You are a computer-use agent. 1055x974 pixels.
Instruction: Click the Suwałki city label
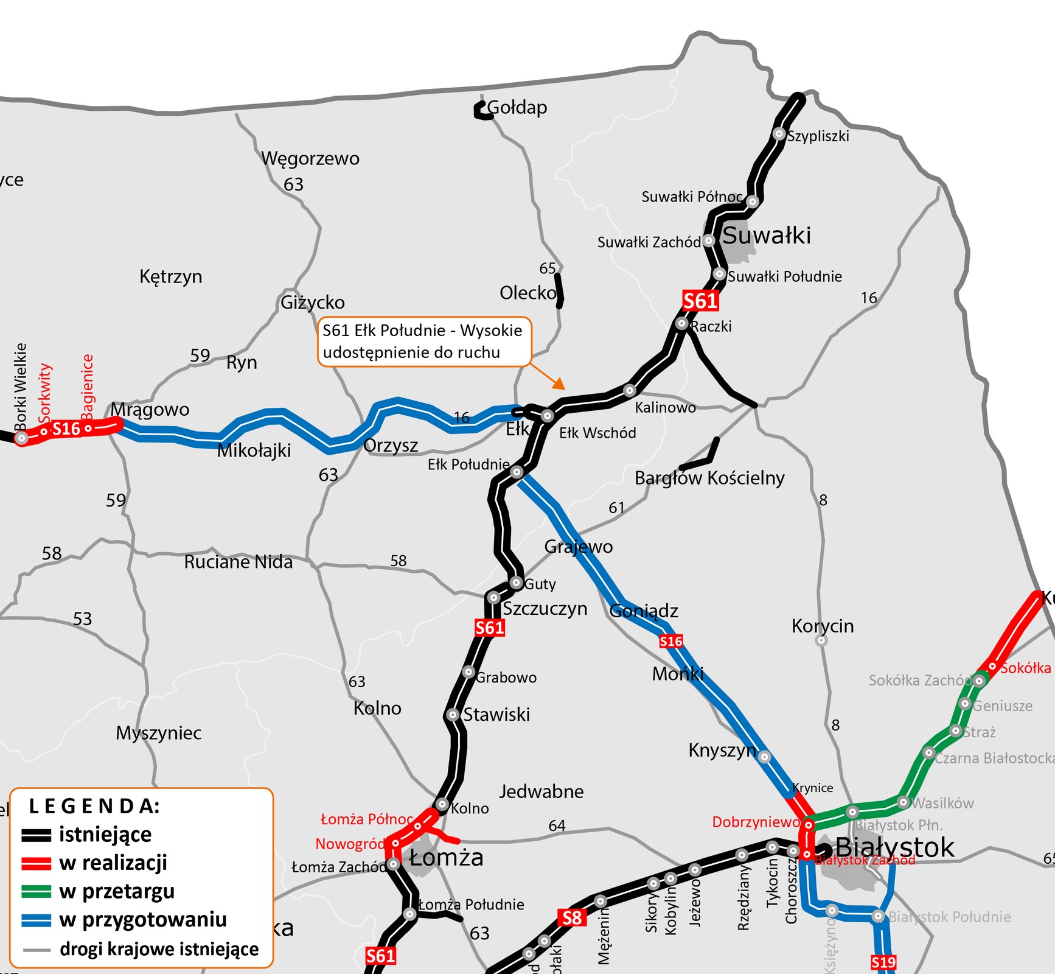(x=766, y=236)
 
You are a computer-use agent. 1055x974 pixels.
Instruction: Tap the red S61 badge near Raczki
(x=700, y=301)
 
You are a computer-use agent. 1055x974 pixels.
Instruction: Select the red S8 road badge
(x=572, y=917)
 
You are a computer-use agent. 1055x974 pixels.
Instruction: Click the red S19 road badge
(x=883, y=962)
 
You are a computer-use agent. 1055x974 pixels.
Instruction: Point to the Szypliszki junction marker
(x=779, y=134)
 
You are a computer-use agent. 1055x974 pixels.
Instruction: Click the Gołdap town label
(x=517, y=108)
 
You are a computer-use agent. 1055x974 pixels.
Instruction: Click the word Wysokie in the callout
(x=491, y=331)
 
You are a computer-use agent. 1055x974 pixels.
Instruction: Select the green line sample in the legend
(x=36, y=891)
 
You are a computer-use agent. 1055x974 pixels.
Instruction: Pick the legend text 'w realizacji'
(x=113, y=863)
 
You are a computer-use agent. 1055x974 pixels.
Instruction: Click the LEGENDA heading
(x=94, y=806)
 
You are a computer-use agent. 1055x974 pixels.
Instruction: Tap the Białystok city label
(x=894, y=847)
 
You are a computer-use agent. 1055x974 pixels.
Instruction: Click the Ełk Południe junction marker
(x=517, y=472)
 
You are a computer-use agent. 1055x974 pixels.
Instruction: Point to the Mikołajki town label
(x=254, y=450)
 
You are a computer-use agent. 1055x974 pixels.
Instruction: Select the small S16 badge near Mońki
(x=670, y=641)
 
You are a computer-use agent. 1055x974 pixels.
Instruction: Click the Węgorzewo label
(x=310, y=158)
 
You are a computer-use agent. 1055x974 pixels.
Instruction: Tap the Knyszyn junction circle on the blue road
(x=764, y=757)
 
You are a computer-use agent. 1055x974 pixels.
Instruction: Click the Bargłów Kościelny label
(x=709, y=478)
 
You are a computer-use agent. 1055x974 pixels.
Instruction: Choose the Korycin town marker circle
(x=821, y=640)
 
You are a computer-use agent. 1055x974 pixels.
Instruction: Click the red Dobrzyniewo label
(x=756, y=822)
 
